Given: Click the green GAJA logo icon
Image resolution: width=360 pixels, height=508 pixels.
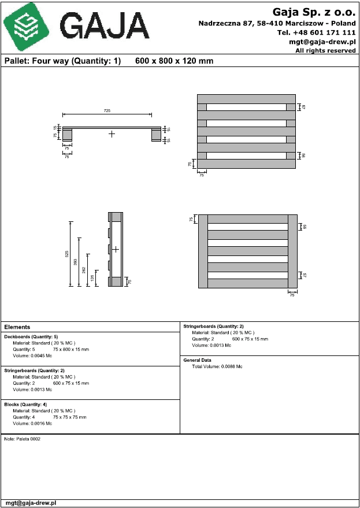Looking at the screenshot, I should click(25, 25).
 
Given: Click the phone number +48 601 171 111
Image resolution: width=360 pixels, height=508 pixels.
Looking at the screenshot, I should click(317, 32).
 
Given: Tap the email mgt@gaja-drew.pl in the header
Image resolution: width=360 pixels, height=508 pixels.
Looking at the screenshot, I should click(322, 42).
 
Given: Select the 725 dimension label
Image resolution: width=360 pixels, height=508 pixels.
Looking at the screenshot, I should click(107, 110).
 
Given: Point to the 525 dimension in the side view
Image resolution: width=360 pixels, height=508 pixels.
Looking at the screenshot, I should click(68, 254).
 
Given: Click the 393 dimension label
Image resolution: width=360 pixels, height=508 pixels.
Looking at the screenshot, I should click(75, 261).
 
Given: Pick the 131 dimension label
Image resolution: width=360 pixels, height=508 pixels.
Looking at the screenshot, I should click(92, 279).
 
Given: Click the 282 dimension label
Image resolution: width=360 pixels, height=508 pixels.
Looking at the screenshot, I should click(84, 270).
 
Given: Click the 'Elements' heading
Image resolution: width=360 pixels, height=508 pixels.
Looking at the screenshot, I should click(17, 327).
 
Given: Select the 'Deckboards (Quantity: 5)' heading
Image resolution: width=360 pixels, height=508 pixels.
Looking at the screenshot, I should click(31, 336).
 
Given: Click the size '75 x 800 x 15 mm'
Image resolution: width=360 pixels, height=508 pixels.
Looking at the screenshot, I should click(71, 350).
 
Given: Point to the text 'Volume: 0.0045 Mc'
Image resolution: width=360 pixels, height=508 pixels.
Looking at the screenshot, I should click(32, 356).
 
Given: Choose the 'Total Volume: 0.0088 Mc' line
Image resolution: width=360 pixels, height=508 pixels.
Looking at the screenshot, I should click(217, 366).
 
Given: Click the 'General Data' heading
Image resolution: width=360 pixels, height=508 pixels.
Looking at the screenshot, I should click(197, 360).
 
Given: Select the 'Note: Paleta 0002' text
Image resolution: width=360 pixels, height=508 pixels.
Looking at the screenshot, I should click(22, 439).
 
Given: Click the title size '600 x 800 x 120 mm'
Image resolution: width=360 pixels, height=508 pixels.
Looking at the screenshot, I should click(174, 61).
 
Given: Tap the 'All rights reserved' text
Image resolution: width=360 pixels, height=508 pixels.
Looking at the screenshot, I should click(325, 51).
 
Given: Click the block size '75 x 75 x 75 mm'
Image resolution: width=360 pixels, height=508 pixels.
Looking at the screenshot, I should click(70, 417).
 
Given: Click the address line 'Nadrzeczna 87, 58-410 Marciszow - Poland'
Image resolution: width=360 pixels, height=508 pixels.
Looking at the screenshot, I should click(277, 23).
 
